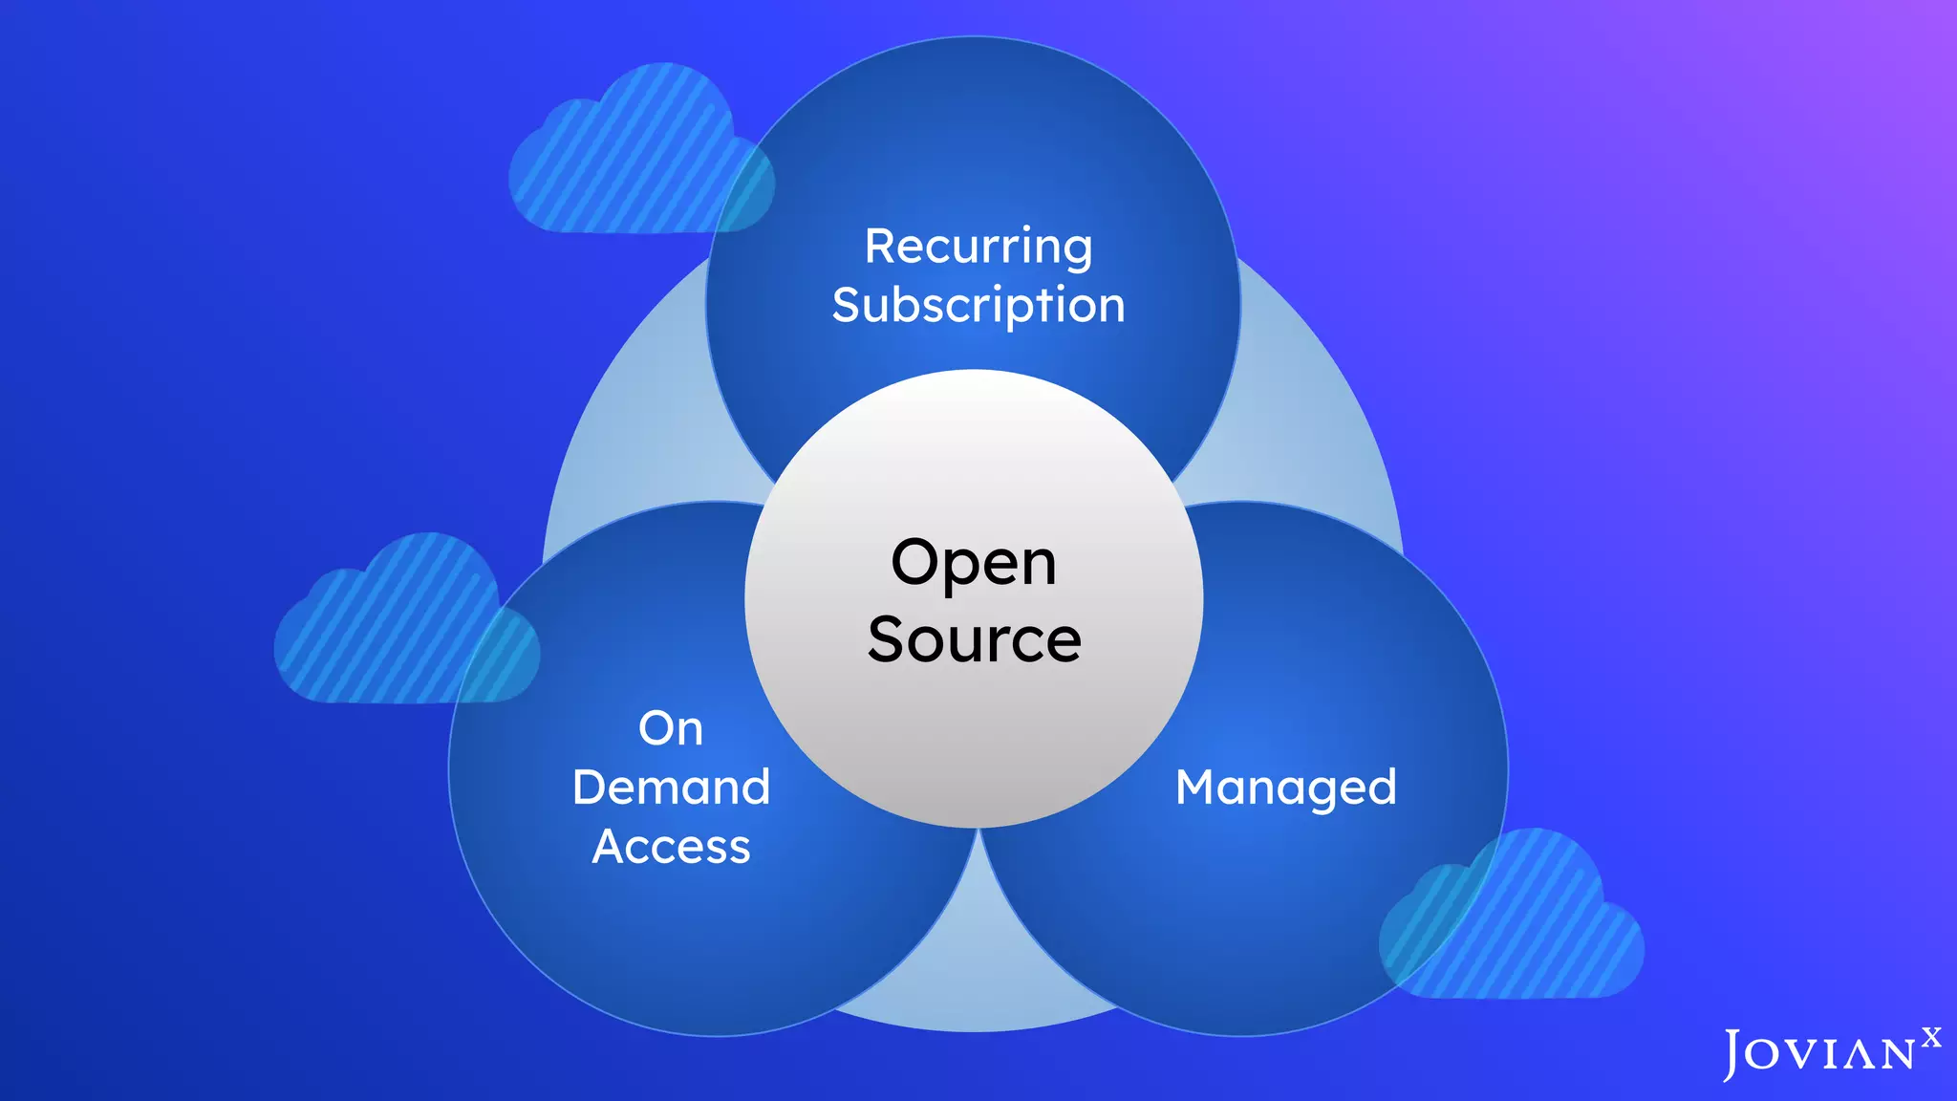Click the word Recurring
[978, 247]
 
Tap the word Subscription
[978, 306]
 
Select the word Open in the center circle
[974, 564]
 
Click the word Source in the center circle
[975, 639]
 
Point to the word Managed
[1285, 788]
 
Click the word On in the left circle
[671, 729]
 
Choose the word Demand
[671, 788]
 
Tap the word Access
[671, 847]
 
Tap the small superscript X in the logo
[1931, 1038]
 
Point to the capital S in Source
[888, 639]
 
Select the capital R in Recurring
[880, 247]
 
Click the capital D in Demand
[591, 788]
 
